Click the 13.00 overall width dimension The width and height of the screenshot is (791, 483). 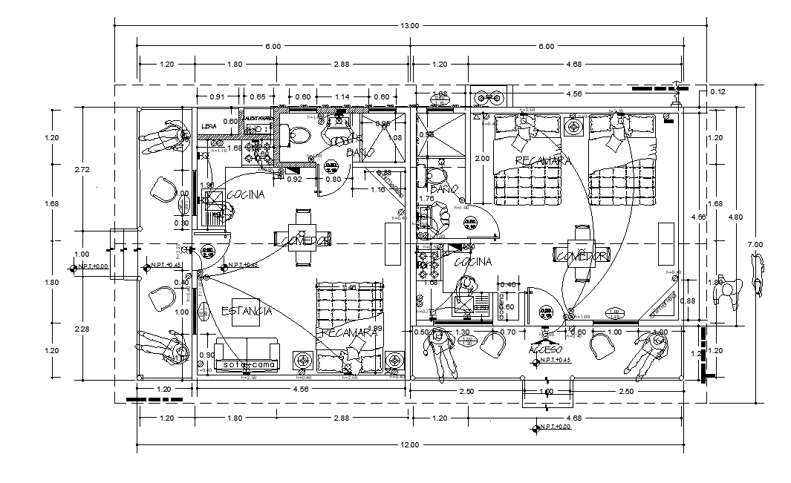click(409, 26)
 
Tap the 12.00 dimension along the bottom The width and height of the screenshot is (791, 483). click(409, 445)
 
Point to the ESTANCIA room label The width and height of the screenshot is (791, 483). click(246, 311)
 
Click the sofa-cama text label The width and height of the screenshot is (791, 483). click(247, 365)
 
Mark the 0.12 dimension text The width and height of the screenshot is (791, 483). click(717, 91)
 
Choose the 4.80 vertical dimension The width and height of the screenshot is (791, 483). click(735, 217)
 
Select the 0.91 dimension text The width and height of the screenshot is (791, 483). click(217, 97)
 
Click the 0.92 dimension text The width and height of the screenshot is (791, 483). click(294, 179)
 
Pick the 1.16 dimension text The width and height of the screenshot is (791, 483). click(377, 190)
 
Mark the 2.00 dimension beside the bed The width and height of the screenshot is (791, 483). click(481, 159)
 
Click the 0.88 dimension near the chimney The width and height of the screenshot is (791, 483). click(687, 300)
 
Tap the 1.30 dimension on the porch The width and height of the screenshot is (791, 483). click(461, 332)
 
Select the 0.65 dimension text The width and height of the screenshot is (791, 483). click(258, 97)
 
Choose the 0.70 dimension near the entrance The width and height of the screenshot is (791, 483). click(507, 332)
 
